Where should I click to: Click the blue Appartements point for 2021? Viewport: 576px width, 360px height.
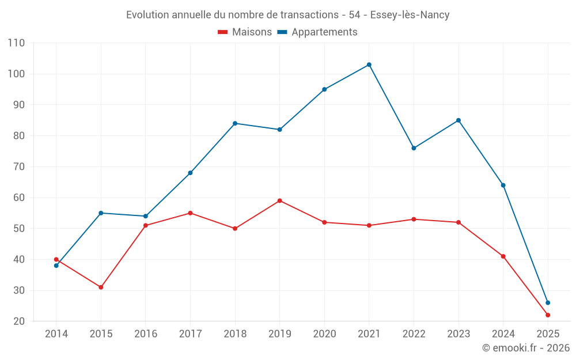pyautogui.click(x=369, y=65)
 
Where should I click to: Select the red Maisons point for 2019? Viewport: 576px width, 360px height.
pyautogui.click(x=280, y=200)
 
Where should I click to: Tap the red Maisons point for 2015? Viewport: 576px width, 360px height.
pyautogui.click(x=101, y=287)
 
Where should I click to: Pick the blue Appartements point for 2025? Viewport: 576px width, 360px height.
pyautogui.click(x=548, y=302)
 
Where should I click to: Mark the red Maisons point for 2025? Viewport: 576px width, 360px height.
pyautogui.click(x=548, y=315)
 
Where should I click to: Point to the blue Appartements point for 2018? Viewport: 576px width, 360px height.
pyautogui.click(x=235, y=123)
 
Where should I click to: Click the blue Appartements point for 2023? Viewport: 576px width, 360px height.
pyautogui.click(x=458, y=120)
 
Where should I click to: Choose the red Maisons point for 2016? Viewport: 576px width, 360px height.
pyautogui.click(x=146, y=225)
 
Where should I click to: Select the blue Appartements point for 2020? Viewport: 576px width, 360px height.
pyautogui.click(x=324, y=89)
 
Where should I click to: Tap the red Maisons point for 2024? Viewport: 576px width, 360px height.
pyautogui.click(x=503, y=256)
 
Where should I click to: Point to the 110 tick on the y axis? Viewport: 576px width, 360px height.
pyautogui.click(x=17, y=43)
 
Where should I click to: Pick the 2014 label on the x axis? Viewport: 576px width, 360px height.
pyautogui.click(x=56, y=334)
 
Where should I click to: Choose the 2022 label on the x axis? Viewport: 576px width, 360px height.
pyautogui.click(x=414, y=334)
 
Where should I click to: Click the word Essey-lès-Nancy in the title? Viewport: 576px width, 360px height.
pyautogui.click(x=411, y=15)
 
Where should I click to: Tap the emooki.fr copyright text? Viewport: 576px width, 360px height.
pyautogui.click(x=526, y=348)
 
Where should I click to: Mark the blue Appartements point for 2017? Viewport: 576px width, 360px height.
pyautogui.click(x=190, y=173)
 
